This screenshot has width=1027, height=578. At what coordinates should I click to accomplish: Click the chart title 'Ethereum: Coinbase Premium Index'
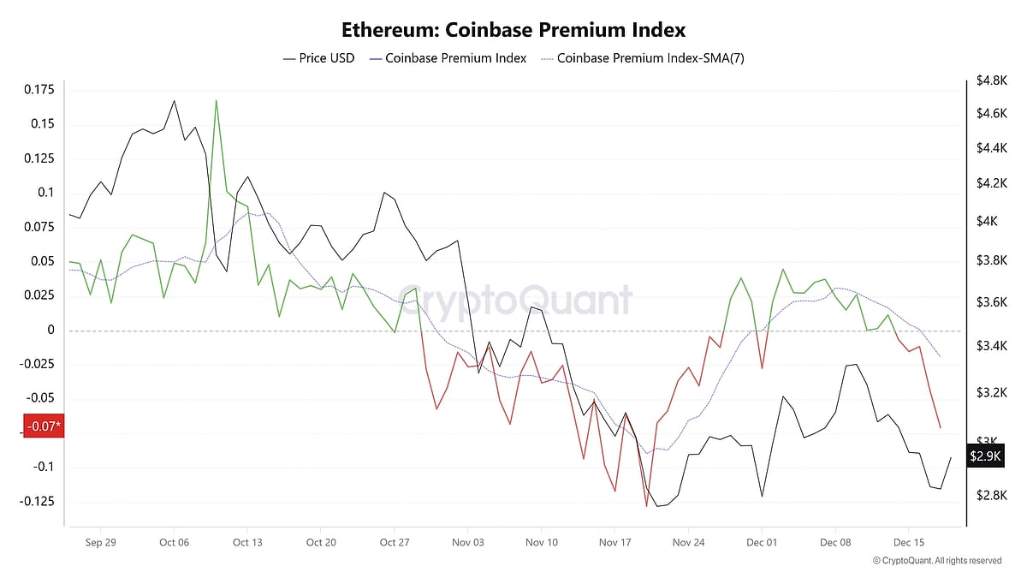pyautogui.click(x=513, y=30)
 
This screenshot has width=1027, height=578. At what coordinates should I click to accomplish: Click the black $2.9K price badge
pyautogui.click(x=985, y=456)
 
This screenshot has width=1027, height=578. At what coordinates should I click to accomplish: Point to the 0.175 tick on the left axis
pyautogui.click(x=39, y=90)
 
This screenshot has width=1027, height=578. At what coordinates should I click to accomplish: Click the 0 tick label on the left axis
pyautogui.click(x=51, y=330)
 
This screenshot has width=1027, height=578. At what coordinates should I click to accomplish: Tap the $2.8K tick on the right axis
pyautogui.click(x=990, y=495)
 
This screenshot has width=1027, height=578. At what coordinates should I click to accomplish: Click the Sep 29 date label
pyautogui.click(x=100, y=542)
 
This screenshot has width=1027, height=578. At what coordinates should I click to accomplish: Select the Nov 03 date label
pyautogui.click(x=467, y=542)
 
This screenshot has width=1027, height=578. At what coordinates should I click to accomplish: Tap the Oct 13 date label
pyautogui.click(x=247, y=542)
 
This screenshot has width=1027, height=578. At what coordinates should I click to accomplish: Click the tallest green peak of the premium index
pyautogui.click(x=216, y=100)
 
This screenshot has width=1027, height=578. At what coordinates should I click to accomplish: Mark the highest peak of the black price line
pyautogui.click(x=174, y=100)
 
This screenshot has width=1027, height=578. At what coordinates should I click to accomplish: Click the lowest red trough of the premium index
pyautogui.click(x=646, y=506)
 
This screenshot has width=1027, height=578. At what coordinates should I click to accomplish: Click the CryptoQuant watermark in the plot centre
pyautogui.click(x=517, y=301)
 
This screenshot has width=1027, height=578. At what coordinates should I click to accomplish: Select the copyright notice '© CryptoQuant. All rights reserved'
pyautogui.click(x=937, y=561)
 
